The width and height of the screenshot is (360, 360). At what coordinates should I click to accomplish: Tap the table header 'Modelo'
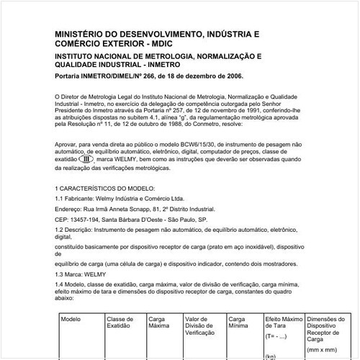point(71,318)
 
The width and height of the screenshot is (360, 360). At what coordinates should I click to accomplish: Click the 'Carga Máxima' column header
point(160,321)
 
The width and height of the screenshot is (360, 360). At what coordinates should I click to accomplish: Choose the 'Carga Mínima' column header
point(240,321)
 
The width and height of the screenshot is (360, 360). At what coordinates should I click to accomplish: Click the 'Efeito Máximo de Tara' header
point(284,321)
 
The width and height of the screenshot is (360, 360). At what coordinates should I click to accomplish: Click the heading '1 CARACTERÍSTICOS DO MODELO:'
point(104,187)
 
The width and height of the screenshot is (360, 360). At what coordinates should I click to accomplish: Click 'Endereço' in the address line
point(69,207)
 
